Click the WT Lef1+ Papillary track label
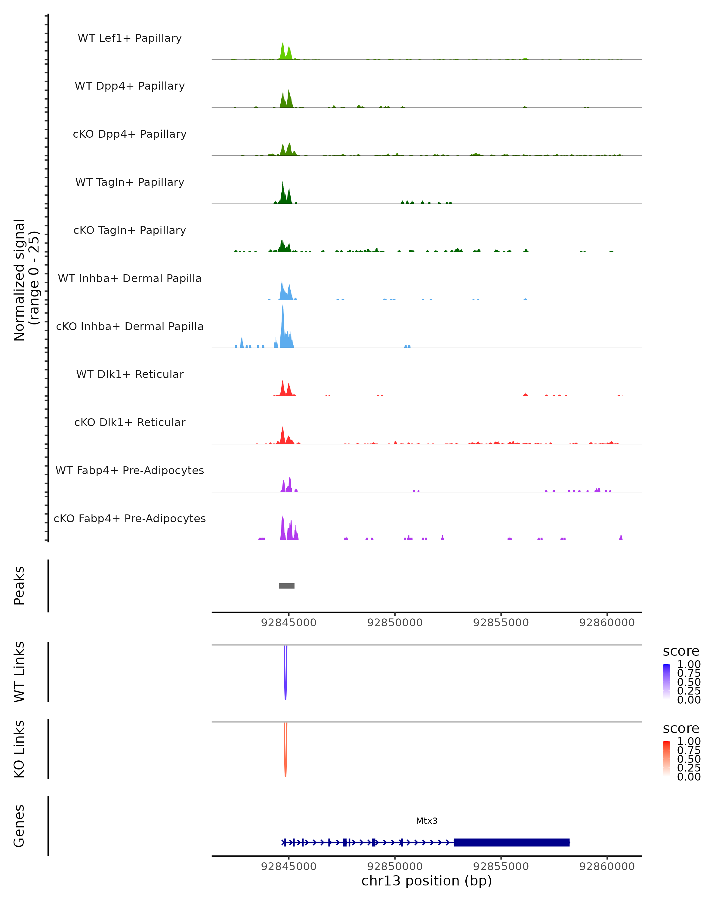point(130,38)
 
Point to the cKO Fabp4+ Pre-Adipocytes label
point(130,518)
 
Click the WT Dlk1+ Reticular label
point(130,374)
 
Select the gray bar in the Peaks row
point(287,586)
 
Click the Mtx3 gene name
point(427,821)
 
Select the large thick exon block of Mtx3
point(511,842)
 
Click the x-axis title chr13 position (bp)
point(427,881)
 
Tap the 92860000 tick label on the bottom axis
point(607,867)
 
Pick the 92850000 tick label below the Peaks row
point(395,623)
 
